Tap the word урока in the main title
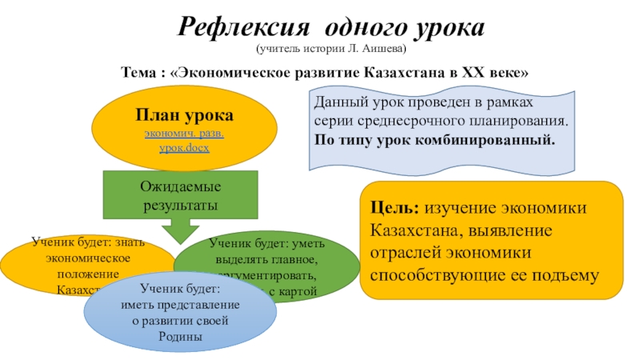pos(447,29)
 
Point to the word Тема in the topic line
pos(137,73)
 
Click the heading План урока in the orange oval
pos(184,116)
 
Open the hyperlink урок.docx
pos(184,149)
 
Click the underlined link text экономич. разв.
pos(184,134)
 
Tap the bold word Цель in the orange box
pos(394,208)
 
